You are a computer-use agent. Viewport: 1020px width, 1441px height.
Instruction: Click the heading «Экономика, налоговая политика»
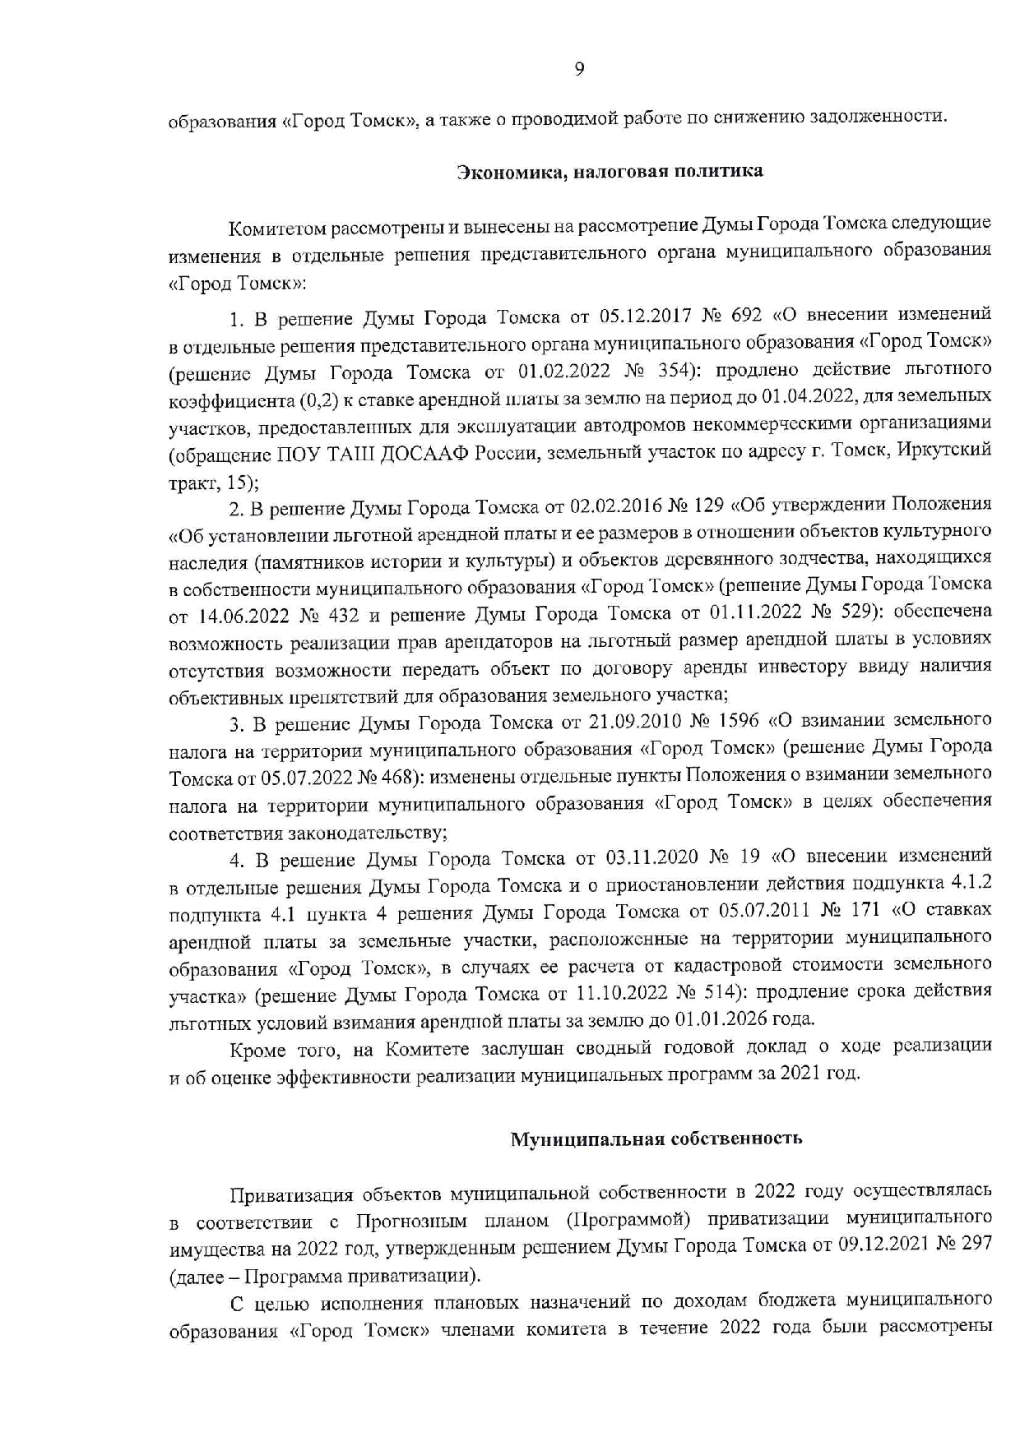point(610,171)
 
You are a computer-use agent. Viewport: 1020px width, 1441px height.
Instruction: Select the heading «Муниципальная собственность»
point(656,1138)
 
